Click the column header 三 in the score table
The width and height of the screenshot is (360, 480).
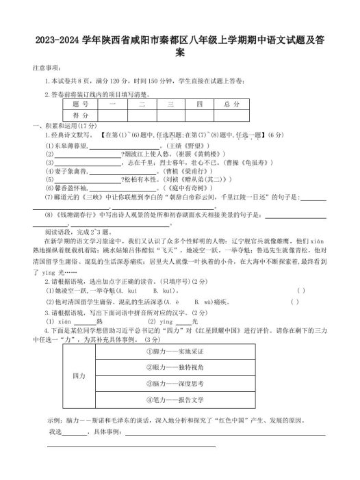coord(168,105)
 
